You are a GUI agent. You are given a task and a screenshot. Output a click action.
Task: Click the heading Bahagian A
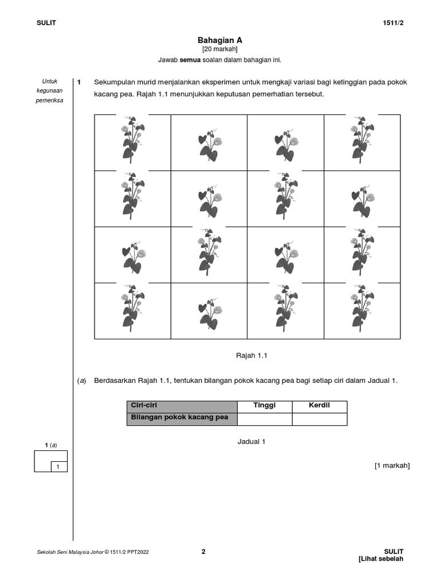click(220, 40)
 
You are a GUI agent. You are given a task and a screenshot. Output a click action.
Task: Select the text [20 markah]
click(220, 49)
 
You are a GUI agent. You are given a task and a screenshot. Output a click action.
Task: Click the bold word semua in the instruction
click(190, 60)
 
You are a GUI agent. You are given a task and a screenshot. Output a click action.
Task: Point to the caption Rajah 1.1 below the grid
click(252, 355)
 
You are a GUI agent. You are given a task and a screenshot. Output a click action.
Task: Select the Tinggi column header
click(265, 406)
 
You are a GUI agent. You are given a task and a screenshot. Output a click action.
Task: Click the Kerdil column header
click(319, 406)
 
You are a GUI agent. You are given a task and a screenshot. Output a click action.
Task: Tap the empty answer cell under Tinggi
click(265, 419)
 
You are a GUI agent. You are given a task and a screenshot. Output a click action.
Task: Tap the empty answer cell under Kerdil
click(319, 419)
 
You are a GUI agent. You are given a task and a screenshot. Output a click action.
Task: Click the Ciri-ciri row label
click(144, 406)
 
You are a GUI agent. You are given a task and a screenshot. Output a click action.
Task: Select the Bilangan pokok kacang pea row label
click(180, 418)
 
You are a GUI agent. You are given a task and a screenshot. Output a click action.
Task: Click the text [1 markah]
click(392, 465)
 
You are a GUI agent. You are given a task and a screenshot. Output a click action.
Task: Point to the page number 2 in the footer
click(203, 552)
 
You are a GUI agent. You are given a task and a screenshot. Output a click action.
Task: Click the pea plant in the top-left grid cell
click(132, 141)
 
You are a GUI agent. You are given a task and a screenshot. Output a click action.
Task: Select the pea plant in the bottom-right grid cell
click(362, 310)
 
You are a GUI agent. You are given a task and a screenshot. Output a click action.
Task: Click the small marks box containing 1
click(57, 467)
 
